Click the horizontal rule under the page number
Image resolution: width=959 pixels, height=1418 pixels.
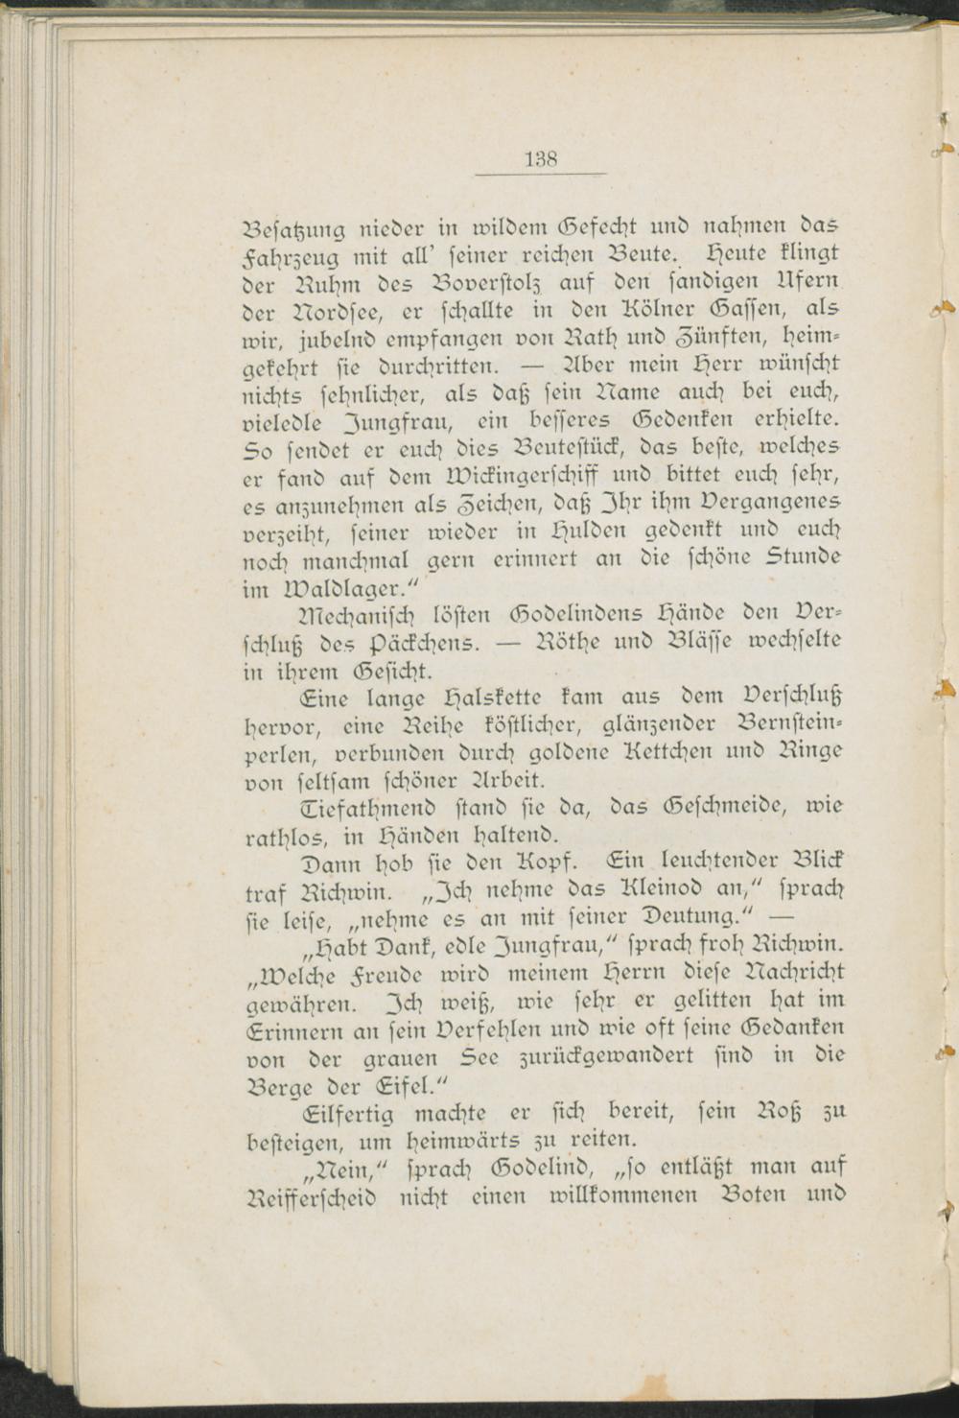pyautogui.click(x=541, y=174)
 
